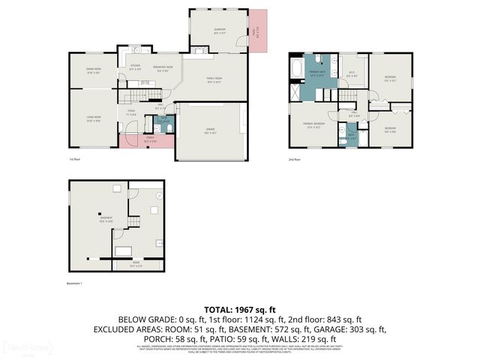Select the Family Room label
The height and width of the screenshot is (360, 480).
[215, 82]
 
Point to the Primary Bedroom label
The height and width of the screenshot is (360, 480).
[313, 124]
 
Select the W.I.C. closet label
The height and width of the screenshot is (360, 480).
[351, 73]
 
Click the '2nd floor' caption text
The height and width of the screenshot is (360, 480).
[294, 160]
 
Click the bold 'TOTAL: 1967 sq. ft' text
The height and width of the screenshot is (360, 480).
[239, 309]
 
